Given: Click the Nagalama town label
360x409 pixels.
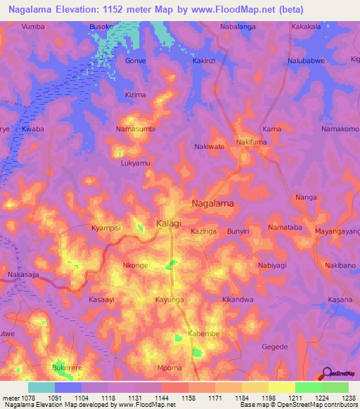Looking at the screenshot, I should click(213, 203).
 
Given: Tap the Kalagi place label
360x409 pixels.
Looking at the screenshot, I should click(168, 223).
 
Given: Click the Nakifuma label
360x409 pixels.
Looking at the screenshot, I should click(252, 142).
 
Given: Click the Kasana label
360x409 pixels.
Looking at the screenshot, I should click(340, 299).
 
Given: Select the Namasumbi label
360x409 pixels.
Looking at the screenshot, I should click(135, 129).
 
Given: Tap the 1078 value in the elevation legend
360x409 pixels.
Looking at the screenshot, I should click(23, 398).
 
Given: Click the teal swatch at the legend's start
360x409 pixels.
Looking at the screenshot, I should click(41, 387).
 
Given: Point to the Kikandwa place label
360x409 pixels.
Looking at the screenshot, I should click(237, 299).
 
